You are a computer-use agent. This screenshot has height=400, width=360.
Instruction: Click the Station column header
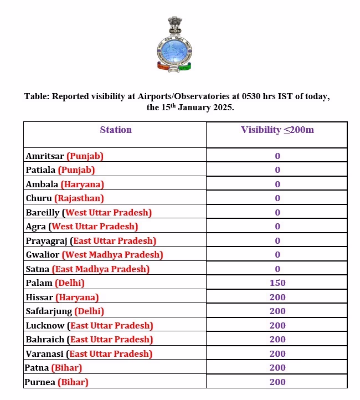[x=116, y=130]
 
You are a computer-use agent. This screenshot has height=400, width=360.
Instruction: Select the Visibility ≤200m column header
[x=277, y=130]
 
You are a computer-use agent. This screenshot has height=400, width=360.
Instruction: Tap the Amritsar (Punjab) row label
[x=65, y=156]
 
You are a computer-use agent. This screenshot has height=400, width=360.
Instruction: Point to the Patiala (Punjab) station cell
[x=60, y=170]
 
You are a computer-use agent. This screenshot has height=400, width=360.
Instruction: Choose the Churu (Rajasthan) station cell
[x=65, y=198]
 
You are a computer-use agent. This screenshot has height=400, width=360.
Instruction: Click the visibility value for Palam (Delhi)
[x=277, y=283]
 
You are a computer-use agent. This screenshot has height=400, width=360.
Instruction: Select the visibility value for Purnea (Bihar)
[x=277, y=382]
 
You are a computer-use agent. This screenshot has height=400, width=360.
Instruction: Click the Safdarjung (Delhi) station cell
[x=65, y=311]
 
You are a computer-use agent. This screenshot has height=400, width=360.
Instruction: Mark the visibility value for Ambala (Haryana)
[x=277, y=184]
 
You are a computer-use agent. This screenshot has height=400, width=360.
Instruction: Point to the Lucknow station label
[x=45, y=326]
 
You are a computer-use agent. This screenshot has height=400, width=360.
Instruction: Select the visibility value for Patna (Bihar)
[x=277, y=368]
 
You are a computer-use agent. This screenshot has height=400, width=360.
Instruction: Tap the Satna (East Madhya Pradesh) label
[x=88, y=269]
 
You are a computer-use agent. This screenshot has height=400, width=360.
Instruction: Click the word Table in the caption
[x=37, y=96]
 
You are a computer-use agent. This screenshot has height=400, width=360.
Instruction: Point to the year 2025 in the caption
[x=223, y=107]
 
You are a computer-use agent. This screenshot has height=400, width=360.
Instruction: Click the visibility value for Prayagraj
[x=277, y=241]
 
